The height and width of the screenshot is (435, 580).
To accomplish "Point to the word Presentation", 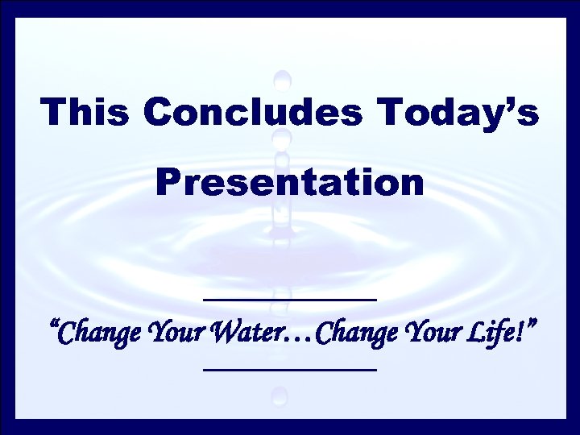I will pos(290,182).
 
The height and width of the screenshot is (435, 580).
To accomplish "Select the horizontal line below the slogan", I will pos(290,370).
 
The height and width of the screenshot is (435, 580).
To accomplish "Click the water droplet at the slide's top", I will pos(282,80).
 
